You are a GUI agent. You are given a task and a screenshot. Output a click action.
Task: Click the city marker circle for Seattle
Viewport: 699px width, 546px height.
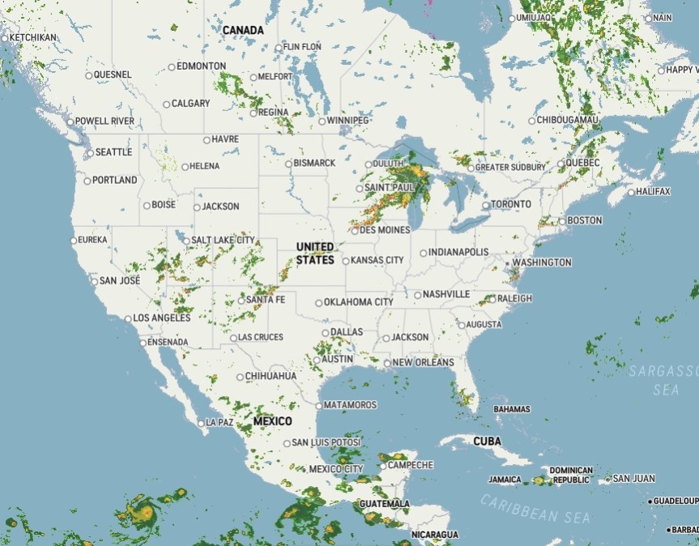90,152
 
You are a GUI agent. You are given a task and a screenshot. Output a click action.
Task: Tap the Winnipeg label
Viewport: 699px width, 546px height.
349,121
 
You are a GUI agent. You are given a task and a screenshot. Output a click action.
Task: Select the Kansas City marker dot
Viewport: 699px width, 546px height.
346,261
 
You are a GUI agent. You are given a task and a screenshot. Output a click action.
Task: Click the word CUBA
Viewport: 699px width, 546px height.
488,441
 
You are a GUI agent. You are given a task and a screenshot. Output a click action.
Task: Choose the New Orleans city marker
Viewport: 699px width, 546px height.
388,363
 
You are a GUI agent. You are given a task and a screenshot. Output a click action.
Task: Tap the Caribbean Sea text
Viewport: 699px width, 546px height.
535,509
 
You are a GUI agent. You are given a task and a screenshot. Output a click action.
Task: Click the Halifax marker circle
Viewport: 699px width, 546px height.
632,192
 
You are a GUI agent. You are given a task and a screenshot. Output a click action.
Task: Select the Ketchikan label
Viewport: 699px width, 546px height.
33,37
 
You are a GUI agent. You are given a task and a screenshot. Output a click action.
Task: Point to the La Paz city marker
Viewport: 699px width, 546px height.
201,423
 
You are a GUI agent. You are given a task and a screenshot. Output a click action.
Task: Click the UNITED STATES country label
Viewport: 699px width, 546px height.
314,253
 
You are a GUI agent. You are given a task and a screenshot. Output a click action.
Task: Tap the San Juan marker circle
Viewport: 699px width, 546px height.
607,479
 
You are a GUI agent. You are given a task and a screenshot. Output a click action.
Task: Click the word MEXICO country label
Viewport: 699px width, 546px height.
273,421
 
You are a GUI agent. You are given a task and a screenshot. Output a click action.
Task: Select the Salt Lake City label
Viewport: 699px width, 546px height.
224,240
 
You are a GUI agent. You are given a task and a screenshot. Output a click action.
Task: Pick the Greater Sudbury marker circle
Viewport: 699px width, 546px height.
470,168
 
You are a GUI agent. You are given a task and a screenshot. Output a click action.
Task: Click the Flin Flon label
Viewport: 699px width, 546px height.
302,47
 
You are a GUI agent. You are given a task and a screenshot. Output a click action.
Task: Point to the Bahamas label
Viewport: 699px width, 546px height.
511,409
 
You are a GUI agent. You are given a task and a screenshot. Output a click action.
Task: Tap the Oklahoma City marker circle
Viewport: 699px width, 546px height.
319,303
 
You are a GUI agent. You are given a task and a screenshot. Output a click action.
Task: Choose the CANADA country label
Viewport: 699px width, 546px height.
243,30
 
